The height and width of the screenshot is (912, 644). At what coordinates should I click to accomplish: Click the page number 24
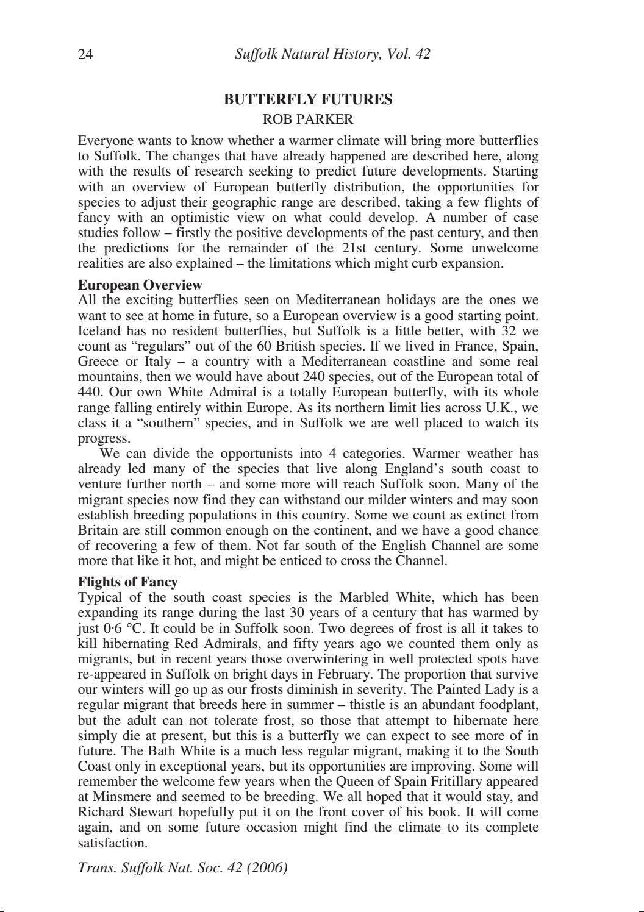(85, 54)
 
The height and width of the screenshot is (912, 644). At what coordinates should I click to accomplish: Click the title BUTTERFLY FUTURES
(308, 100)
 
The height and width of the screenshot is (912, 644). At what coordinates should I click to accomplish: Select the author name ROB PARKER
(308, 119)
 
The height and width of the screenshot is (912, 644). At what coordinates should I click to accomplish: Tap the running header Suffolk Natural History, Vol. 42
(332, 54)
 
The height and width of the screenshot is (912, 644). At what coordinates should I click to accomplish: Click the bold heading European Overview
(140, 285)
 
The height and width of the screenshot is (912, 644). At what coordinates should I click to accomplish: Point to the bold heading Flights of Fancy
(127, 582)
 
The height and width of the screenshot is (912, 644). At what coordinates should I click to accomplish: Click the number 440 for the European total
(90, 392)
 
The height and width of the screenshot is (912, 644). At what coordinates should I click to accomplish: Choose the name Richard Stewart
(122, 812)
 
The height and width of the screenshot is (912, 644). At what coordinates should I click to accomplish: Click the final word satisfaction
(112, 843)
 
